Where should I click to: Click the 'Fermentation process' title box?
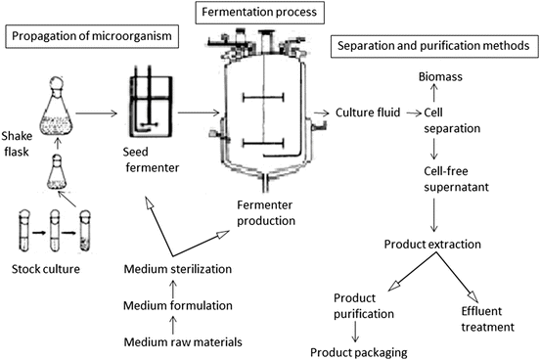click(259, 13)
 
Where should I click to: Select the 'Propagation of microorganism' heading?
click(92, 36)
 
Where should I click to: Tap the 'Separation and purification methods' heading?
click(433, 46)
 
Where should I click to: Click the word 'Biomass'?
click(440, 76)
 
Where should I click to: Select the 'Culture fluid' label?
click(368, 112)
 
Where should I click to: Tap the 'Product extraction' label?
click(432, 245)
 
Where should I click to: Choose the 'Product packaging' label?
click(359, 353)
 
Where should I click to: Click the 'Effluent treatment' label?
click(487, 319)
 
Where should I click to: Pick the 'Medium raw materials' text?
click(183, 342)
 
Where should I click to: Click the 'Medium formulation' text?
click(178, 305)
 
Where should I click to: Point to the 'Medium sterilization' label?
click(178, 269)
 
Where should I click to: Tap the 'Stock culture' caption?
click(46, 269)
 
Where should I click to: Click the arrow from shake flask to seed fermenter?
click(97, 113)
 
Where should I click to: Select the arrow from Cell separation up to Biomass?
click(434, 94)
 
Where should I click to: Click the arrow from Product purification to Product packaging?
click(355, 332)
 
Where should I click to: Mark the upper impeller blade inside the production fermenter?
click(263, 98)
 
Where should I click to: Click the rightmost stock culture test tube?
click(85, 231)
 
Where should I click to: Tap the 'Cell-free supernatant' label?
click(456, 179)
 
